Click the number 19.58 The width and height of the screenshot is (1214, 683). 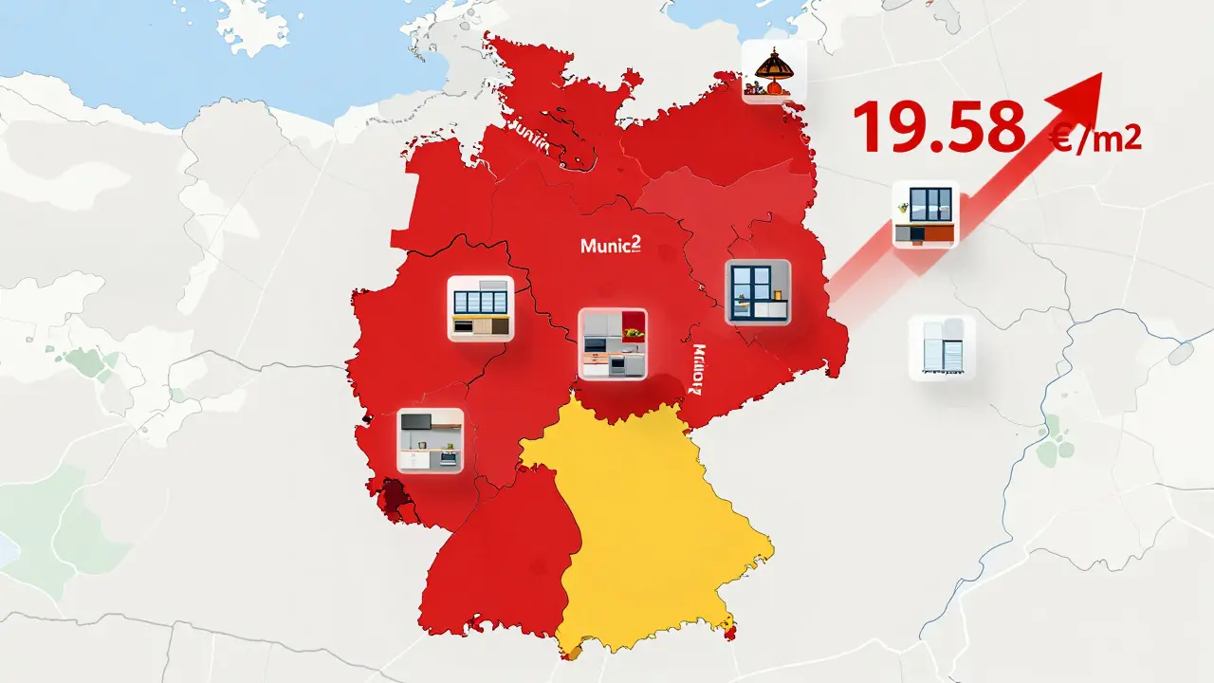[x=939, y=127]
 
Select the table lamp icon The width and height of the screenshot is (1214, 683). [x=774, y=72]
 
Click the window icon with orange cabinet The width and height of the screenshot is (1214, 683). [x=926, y=215]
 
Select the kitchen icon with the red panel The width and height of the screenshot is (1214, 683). [x=612, y=343]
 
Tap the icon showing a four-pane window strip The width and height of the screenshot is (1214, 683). [x=480, y=308]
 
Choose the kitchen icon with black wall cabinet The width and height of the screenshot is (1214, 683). [x=430, y=440]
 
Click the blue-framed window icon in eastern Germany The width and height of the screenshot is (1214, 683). [x=758, y=292]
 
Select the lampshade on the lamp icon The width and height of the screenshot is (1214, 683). [x=773, y=63]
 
